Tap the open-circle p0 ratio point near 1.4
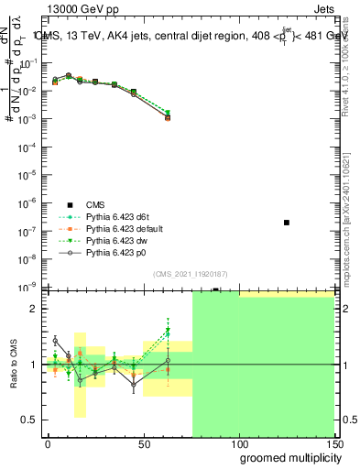55,341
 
